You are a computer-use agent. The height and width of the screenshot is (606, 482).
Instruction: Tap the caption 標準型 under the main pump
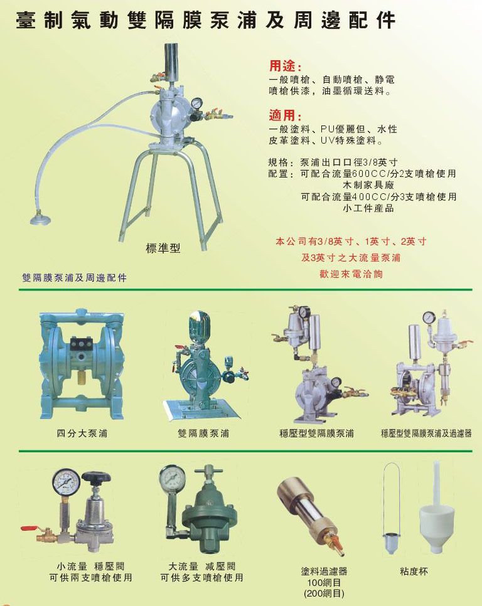[163, 248]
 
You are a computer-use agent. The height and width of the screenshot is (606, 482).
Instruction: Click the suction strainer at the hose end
[40, 218]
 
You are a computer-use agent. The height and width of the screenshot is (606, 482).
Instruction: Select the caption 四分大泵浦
[82, 433]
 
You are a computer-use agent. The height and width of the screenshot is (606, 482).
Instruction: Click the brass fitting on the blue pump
[82, 379]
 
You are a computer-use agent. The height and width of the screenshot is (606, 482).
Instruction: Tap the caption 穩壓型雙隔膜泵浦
[316, 433]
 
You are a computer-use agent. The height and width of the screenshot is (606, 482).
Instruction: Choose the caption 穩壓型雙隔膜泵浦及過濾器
[426, 433]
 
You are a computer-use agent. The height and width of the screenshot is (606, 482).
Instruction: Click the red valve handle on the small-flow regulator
[28, 528]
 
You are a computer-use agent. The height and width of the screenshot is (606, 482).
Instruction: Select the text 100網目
[324, 582]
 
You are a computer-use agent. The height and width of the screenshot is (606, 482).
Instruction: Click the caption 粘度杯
[414, 571]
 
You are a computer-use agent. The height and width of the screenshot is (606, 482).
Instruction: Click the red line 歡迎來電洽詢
[351, 274]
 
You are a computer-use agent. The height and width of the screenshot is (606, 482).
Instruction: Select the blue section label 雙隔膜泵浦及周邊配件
[75, 278]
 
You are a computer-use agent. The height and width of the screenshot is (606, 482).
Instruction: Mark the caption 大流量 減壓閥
[201, 566]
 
